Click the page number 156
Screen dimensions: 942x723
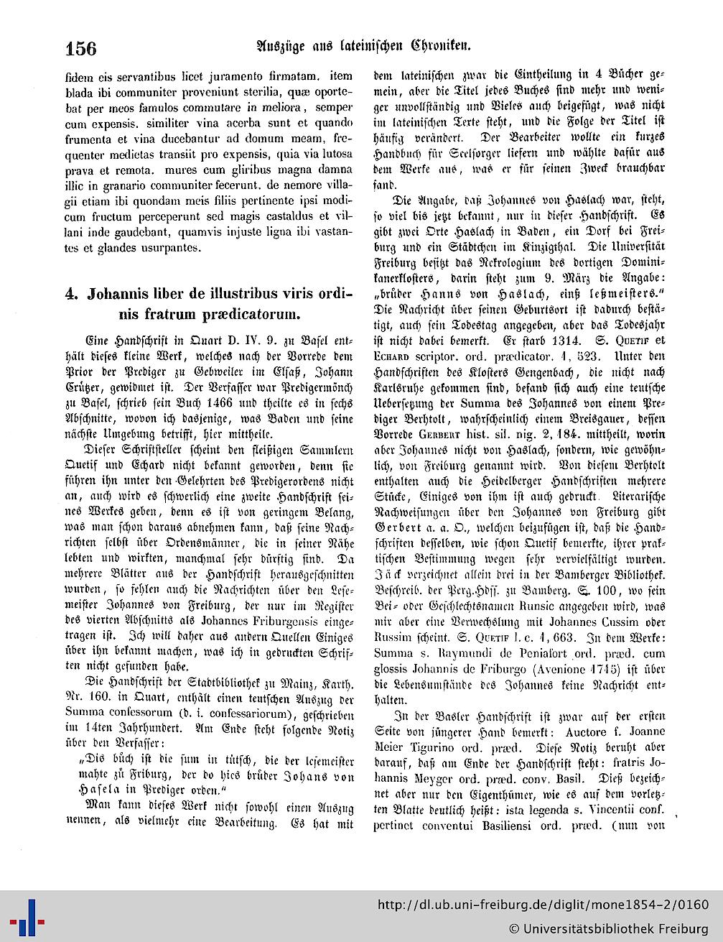(x=80, y=48)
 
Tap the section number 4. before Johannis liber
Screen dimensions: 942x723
(x=70, y=294)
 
